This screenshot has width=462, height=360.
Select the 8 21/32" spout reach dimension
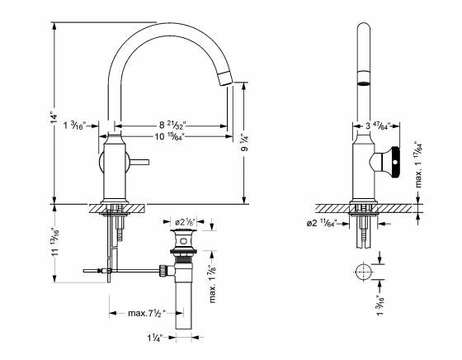[x=175, y=125]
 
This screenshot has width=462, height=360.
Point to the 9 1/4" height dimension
[x=243, y=141]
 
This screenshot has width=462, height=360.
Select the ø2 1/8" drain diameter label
[x=184, y=221]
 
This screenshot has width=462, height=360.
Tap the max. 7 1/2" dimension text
[x=145, y=312]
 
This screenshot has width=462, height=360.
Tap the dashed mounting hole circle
[x=360, y=272]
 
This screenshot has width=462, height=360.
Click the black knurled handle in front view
[x=396, y=159]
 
